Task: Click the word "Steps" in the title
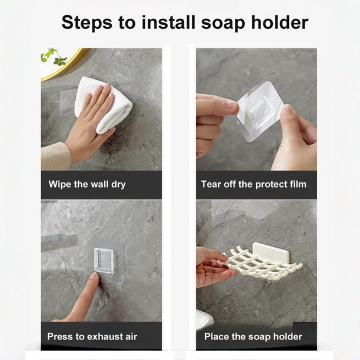tap(87, 23)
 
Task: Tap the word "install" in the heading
tap(168, 22)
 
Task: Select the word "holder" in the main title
tap(279, 22)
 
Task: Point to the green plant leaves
tap(54, 56)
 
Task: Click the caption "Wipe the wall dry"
tap(87, 184)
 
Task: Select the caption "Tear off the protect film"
tap(254, 184)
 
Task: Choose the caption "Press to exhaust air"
tap(92, 336)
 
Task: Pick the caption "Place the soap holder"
tap(253, 337)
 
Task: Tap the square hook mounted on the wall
tap(104, 261)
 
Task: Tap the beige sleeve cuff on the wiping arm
tap(55, 156)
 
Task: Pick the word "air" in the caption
tap(131, 336)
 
